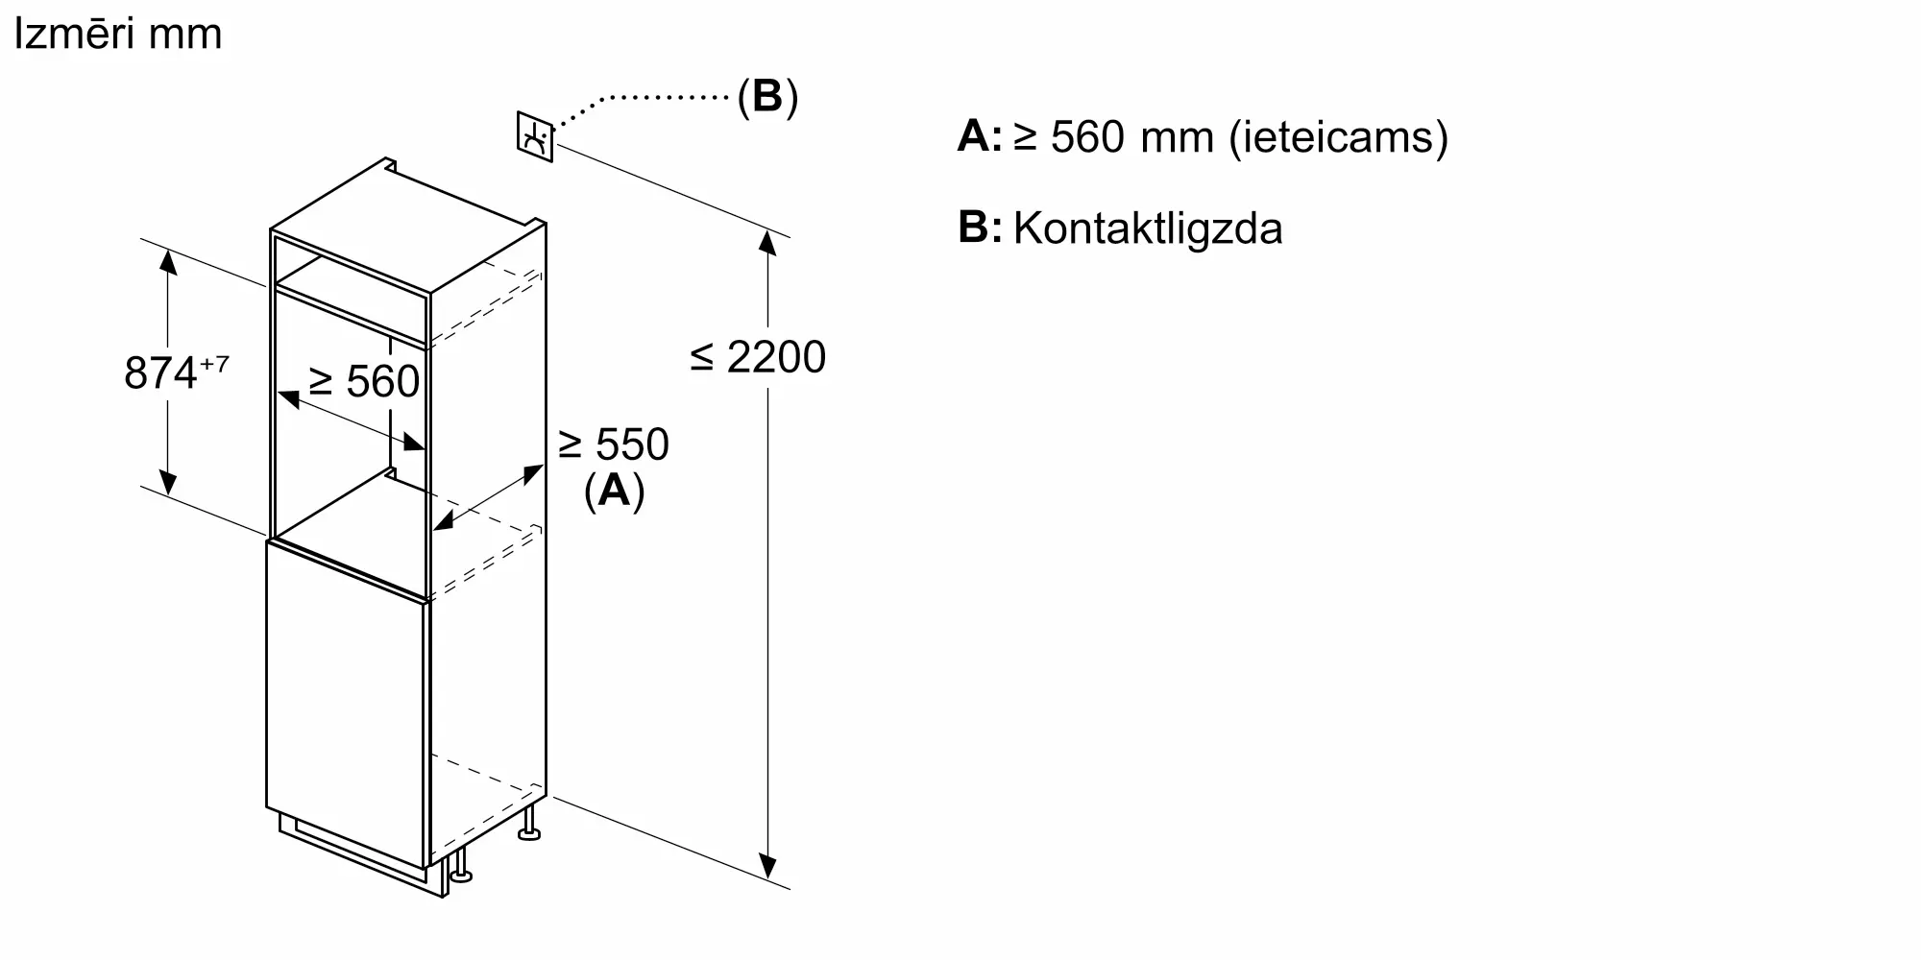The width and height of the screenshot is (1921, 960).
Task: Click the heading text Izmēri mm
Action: (x=117, y=34)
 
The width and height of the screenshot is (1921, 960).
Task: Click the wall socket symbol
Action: (x=535, y=137)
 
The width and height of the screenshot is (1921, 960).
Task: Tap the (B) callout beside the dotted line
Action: (x=767, y=96)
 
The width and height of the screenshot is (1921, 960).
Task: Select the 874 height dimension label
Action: (x=160, y=372)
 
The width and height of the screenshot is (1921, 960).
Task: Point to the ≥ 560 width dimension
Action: (x=364, y=381)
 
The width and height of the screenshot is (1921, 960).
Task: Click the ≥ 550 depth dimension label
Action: (x=614, y=444)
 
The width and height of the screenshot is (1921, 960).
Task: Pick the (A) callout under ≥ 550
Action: (x=614, y=491)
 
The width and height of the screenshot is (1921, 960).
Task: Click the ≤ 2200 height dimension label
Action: (x=758, y=357)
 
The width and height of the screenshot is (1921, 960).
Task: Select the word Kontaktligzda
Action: (x=1148, y=228)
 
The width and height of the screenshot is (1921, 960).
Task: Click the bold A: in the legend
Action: (x=980, y=136)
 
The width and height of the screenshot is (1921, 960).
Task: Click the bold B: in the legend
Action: (x=980, y=228)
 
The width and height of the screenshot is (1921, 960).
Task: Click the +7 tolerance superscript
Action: (x=214, y=365)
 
